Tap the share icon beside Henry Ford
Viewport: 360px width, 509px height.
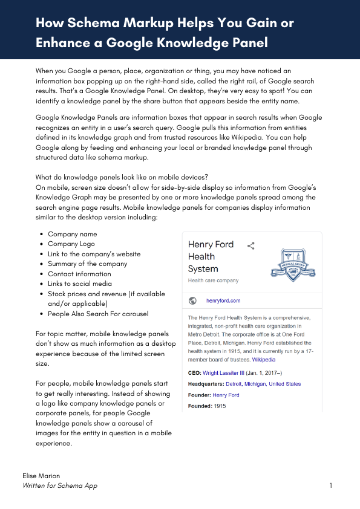[251, 245]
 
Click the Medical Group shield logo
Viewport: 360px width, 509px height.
[293, 264]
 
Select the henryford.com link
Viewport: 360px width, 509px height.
[223, 300]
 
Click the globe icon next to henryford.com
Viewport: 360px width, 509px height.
[192, 300]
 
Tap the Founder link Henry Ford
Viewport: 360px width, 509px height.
[226, 395]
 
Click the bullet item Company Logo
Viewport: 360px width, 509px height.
[71, 244]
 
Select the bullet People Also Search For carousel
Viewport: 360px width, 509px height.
[98, 314]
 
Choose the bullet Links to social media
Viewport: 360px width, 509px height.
[80, 284]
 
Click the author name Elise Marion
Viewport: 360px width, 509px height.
[42, 476]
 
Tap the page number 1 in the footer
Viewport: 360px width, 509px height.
[331, 485]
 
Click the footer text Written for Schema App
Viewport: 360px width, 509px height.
[59, 485]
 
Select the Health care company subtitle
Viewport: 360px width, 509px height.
[213, 280]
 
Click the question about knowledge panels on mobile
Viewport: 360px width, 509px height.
[122, 177]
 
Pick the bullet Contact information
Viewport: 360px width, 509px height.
[79, 274]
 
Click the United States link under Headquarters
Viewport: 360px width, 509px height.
[284, 384]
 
